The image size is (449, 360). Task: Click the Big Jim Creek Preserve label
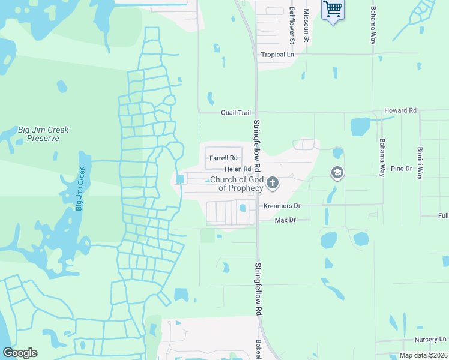[43, 134]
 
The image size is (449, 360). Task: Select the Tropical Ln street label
[278, 55]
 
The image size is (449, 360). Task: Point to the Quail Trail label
[235, 112]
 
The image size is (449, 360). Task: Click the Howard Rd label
[400, 111]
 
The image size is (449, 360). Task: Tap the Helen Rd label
[238, 169]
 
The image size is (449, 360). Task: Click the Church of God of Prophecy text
[236, 184]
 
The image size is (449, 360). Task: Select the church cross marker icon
[273, 182]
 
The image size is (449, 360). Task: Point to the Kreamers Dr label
[282, 206]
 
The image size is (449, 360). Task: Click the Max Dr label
[286, 220]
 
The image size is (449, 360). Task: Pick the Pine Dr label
[400, 169]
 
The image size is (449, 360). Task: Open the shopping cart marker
[332, 10]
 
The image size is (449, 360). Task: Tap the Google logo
[20, 353]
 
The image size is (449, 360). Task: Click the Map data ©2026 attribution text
[423, 355]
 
